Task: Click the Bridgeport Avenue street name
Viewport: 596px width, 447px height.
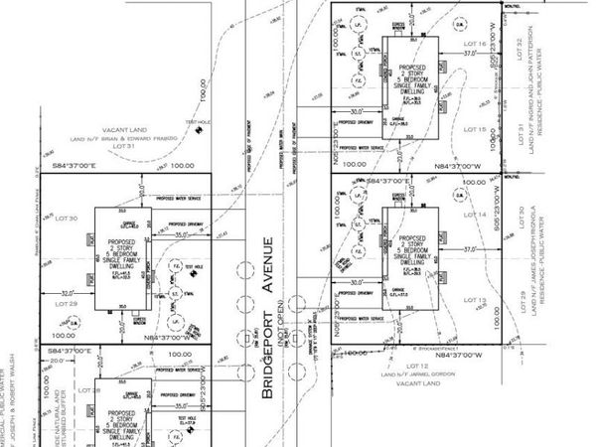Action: coord(267,318)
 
